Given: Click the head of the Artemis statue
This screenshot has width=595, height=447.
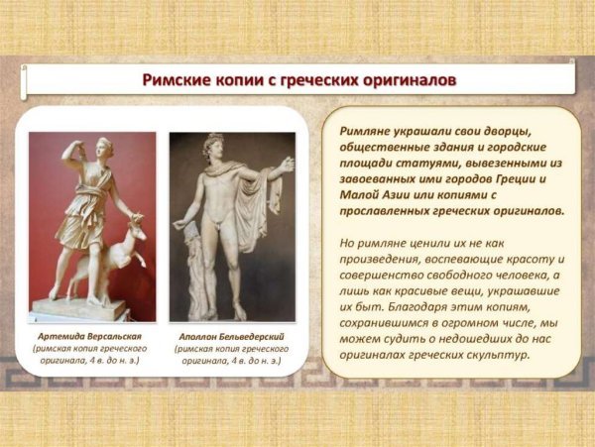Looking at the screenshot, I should [x=83, y=152].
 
